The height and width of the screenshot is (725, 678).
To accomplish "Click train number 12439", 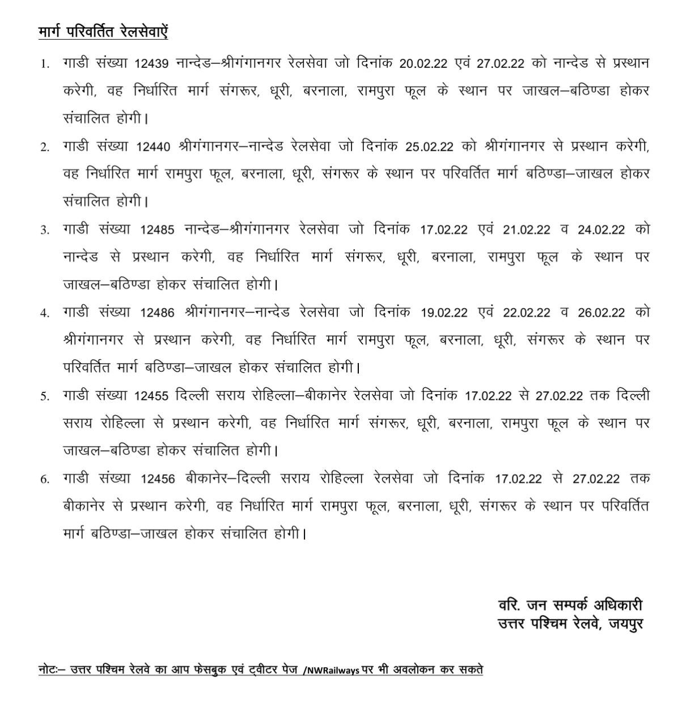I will pyautogui.click(x=152, y=64).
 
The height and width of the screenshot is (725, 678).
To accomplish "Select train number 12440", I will pyautogui.click(x=153, y=147).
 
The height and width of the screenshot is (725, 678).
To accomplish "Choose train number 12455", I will pyautogui.click(x=152, y=396).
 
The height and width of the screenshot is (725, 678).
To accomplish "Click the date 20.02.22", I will pyautogui.click(x=423, y=64).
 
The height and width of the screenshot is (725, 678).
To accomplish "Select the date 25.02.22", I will pyautogui.click(x=429, y=147).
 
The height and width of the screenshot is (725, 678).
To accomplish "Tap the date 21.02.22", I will pyautogui.click(x=527, y=230).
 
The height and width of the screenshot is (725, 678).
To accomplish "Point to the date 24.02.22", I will pyautogui.click(x=601, y=230).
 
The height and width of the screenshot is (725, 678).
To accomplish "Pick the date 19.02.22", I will pyautogui.click(x=444, y=313).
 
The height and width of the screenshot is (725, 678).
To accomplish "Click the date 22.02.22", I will pyautogui.click(x=527, y=313).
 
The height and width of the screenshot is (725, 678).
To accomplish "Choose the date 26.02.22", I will pyautogui.click(x=601, y=313).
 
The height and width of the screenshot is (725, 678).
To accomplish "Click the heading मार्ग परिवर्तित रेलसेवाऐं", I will pyautogui.click(x=103, y=32).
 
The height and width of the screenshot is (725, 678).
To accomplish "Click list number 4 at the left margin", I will pyautogui.click(x=44, y=313).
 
